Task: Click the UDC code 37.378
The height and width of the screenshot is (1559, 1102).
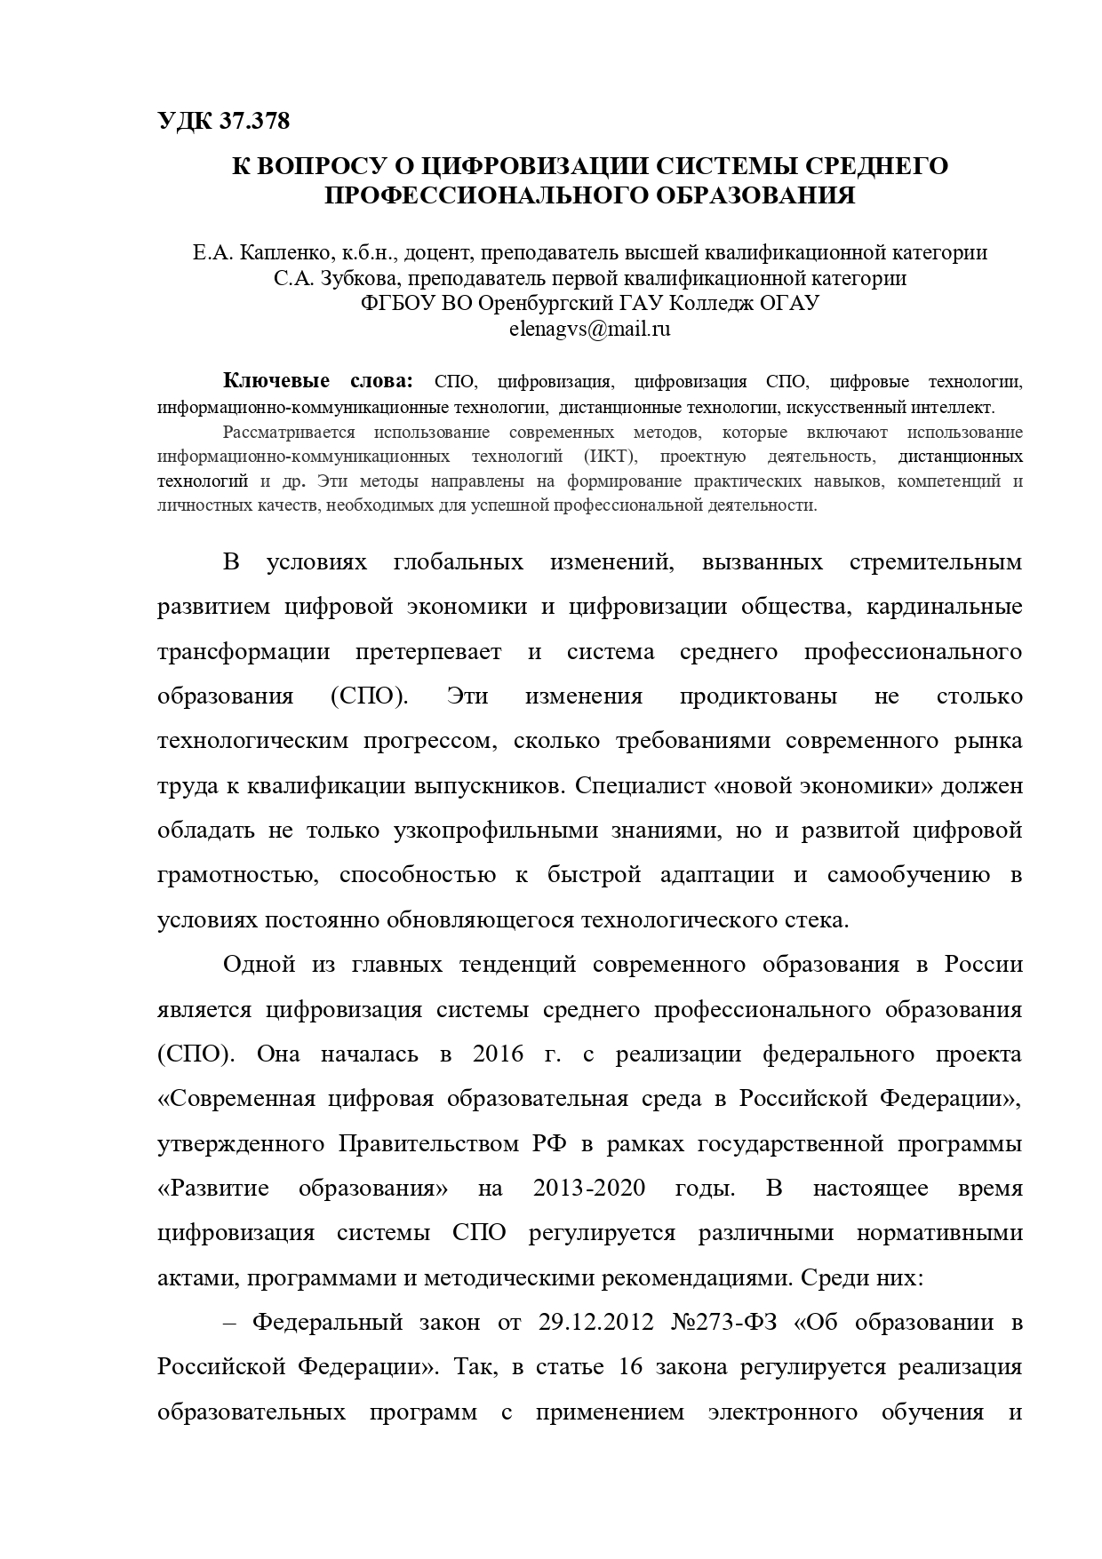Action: (x=252, y=121)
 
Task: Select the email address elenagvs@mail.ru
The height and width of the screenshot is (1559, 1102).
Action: (x=589, y=328)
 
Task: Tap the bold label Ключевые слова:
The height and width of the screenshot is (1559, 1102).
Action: (x=318, y=381)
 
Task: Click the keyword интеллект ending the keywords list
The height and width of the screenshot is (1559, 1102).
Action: (x=958, y=408)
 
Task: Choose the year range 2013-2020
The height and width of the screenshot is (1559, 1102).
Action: (x=589, y=1189)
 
